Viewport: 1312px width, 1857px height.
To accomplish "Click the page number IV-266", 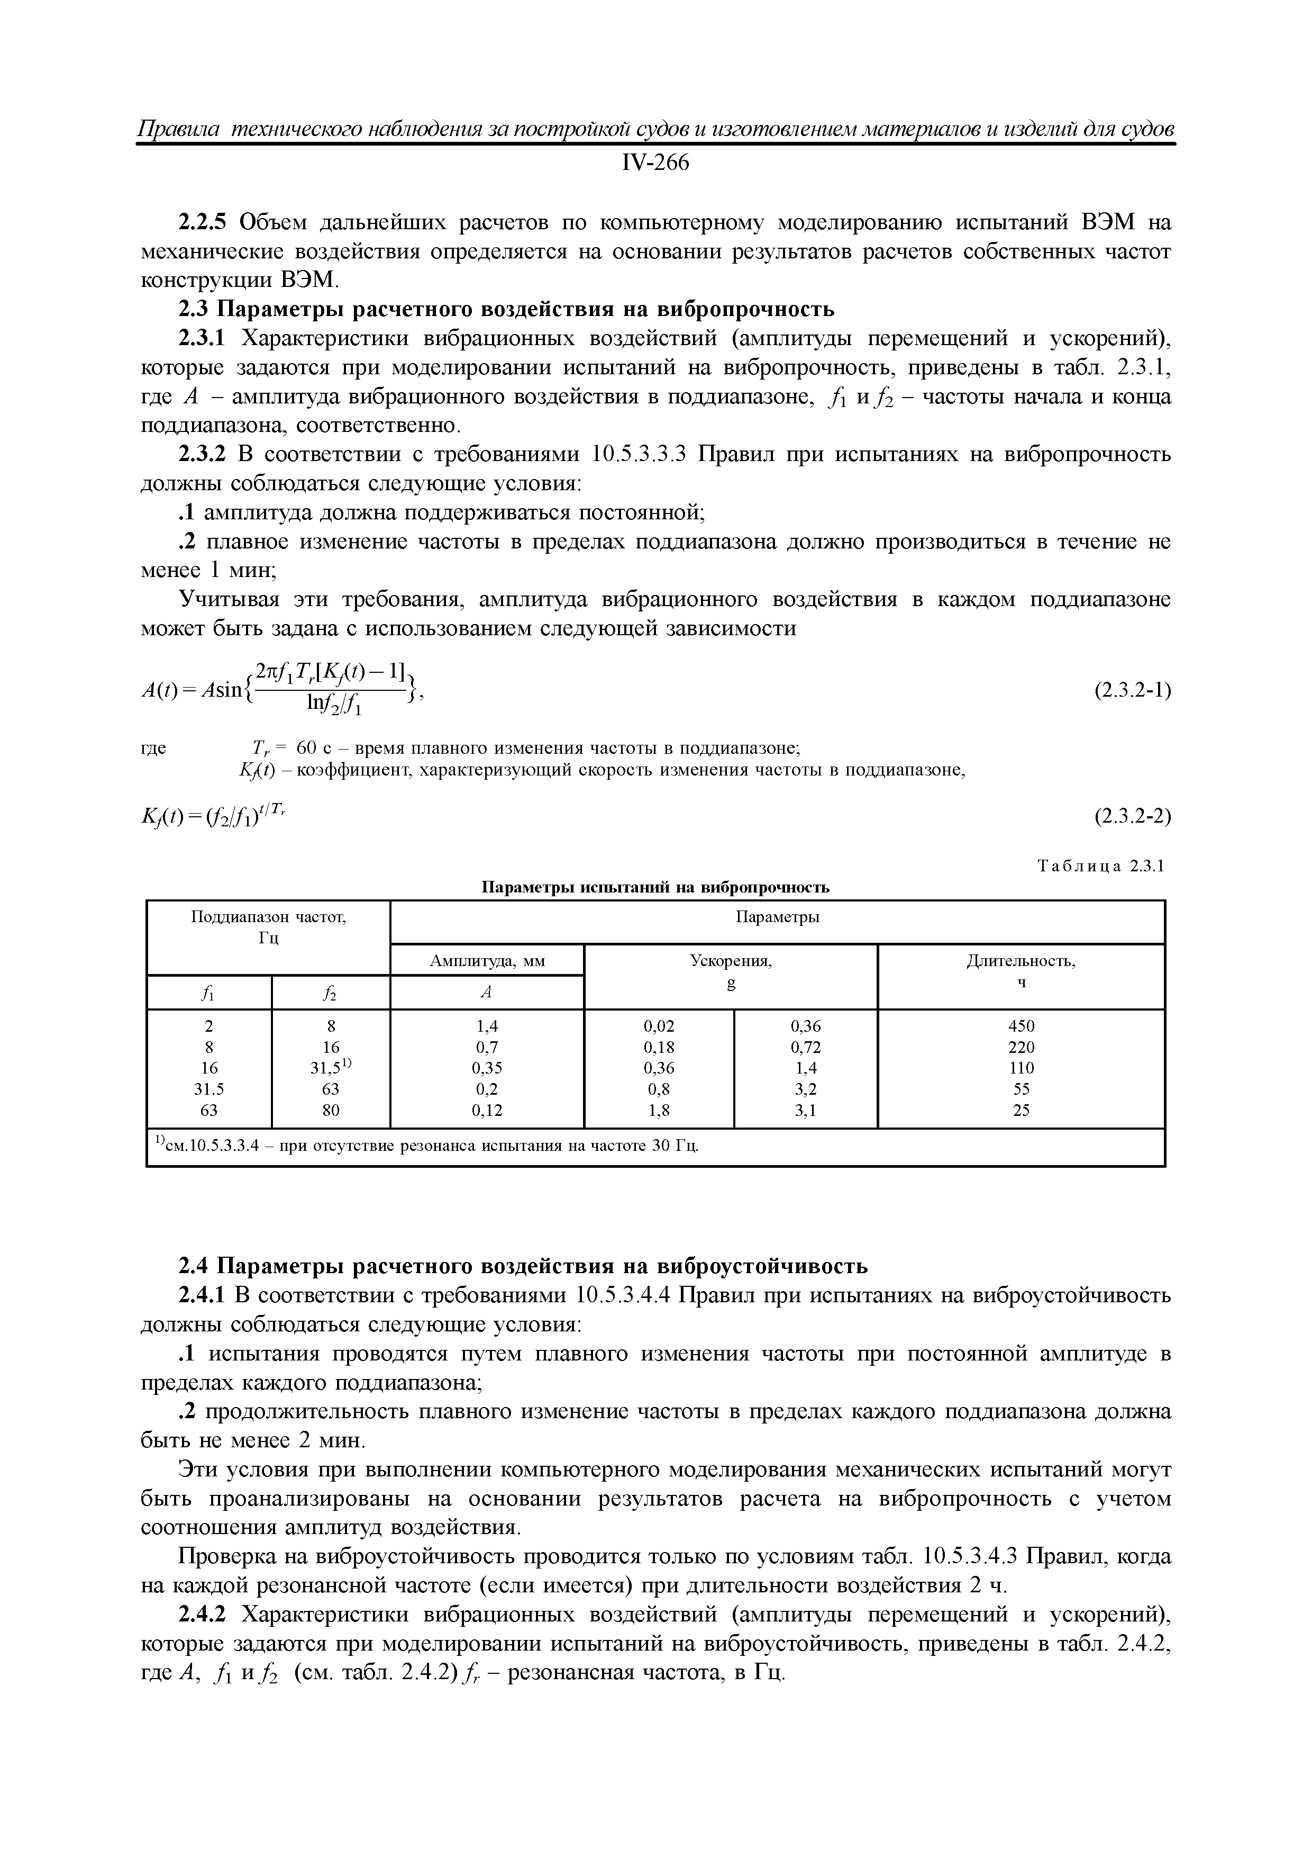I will coord(655,164).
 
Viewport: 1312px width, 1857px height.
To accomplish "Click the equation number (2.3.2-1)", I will coord(1132,691).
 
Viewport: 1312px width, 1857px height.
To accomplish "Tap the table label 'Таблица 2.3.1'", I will coord(1100,866).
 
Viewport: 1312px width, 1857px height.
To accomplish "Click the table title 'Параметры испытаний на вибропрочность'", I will coord(655,887).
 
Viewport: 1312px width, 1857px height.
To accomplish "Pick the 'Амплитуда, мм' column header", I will coord(487,961).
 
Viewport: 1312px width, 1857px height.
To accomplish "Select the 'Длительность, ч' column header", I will coord(1021,970).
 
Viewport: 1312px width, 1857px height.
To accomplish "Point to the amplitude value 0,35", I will coord(487,1068).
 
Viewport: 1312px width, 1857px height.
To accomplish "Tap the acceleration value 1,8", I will coord(659,1111).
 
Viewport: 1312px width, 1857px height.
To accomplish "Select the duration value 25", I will coord(1021,1111).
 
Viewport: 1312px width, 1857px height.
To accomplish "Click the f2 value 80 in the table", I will coord(331,1111).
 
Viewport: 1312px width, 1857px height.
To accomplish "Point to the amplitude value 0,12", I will coord(487,1111).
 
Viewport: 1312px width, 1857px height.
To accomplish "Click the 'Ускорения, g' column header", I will coord(730,970).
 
